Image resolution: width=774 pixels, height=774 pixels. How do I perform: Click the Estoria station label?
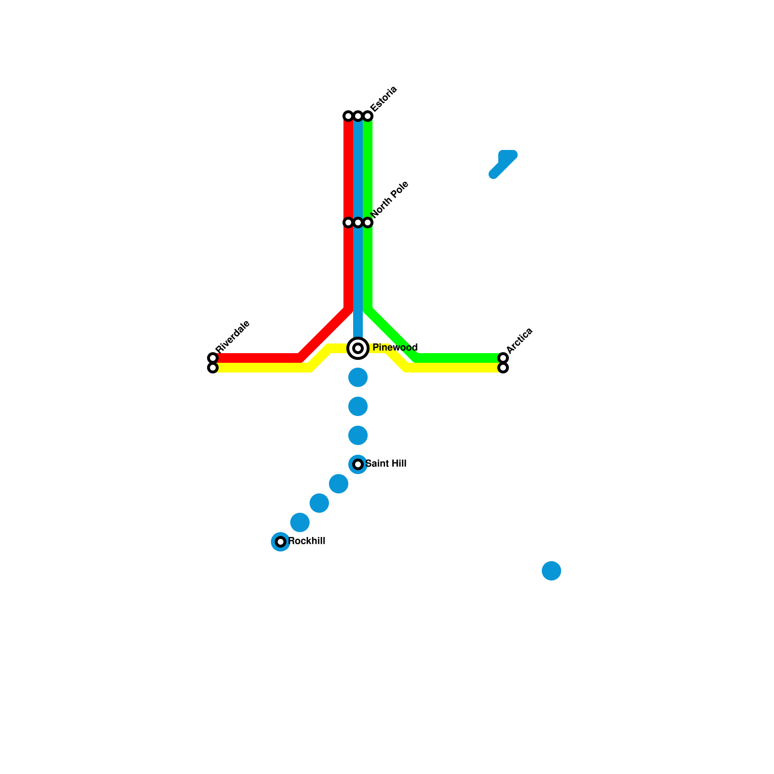click(x=384, y=99)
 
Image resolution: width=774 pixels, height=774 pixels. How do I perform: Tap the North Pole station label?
click(x=390, y=199)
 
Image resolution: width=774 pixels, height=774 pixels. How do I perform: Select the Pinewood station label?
click(x=395, y=348)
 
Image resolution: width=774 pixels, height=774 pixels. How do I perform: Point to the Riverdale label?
click(x=233, y=337)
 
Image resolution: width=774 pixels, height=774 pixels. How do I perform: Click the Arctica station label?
click(x=520, y=340)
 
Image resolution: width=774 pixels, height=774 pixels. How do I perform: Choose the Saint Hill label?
click(x=386, y=464)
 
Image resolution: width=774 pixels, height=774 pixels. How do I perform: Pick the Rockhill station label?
click(x=307, y=541)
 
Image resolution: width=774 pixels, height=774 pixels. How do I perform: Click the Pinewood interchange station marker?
click(x=358, y=348)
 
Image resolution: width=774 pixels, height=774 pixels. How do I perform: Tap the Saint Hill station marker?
click(x=358, y=464)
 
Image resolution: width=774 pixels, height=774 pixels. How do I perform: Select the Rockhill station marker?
click(x=281, y=542)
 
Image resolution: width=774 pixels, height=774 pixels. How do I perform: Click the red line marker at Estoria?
click(x=348, y=116)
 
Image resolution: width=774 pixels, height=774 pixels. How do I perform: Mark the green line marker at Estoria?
click(x=368, y=116)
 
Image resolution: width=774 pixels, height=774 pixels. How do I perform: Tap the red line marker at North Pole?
click(x=348, y=223)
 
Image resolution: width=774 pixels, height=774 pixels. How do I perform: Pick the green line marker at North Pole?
click(x=368, y=223)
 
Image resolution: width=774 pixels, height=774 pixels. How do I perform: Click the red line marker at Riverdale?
click(x=213, y=358)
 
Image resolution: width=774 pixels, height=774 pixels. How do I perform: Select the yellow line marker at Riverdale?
click(x=213, y=368)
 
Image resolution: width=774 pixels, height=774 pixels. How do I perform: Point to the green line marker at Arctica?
click(x=503, y=358)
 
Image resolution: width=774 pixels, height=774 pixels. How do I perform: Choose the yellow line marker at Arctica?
click(x=503, y=368)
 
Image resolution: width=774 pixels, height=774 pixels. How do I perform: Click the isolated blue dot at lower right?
click(x=551, y=571)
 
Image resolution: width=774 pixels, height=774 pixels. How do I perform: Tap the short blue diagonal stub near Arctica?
click(x=503, y=164)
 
